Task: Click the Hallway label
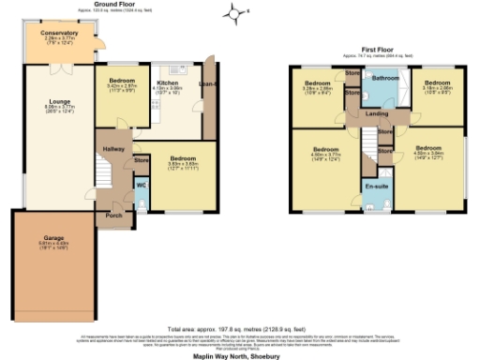[x=112, y=148]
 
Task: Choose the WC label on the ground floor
[x=141, y=185]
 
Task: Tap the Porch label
[x=114, y=214]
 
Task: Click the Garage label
[x=53, y=239]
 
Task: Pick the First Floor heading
[x=381, y=48]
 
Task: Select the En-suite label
[x=378, y=187]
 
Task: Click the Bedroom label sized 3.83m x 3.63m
[x=184, y=157]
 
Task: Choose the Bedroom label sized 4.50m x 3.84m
[x=427, y=147]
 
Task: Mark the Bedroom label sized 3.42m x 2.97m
[x=121, y=81]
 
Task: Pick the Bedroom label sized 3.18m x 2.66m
[x=437, y=82]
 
